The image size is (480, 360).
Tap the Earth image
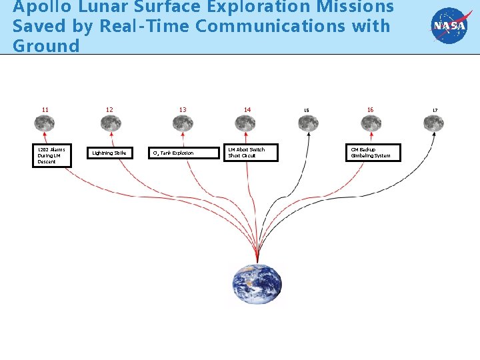pyautogui.click(x=257, y=284)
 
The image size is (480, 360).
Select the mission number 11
pyautogui.click(x=45, y=110)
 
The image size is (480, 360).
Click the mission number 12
pyautogui.click(x=109, y=110)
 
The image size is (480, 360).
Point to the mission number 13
pyautogui.click(x=183, y=110)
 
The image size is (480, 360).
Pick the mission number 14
pyautogui.click(x=247, y=110)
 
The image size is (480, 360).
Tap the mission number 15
pyautogui.click(x=307, y=111)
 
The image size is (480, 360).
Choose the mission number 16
pyautogui.click(x=371, y=110)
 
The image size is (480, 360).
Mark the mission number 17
pyautogui.click(x=435, y=111)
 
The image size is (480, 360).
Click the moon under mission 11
pyautogui.click(x=45, y=123)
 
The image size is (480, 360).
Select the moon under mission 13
pyautogui.click(x=183, y=123)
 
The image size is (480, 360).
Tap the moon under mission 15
pyautogui.click(x=308, y=123)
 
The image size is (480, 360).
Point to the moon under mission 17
pyautogui.click(x=434, y=123)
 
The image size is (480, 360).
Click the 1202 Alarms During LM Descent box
pyautogui.click(x=51, y=155)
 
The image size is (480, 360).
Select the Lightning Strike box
pyautogui.click(x=110, y=153)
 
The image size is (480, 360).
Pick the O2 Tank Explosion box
pyautogui.click(x=183, y=153)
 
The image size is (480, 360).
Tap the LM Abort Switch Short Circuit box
pyautogui.click(x=249, y=153)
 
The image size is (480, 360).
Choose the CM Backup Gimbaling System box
pyautogui.click(x=373, y=153)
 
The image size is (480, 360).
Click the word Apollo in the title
pyautogui.click(x=40, y=8)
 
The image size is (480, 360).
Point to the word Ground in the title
pyautogui.click(x=46, y=46)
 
